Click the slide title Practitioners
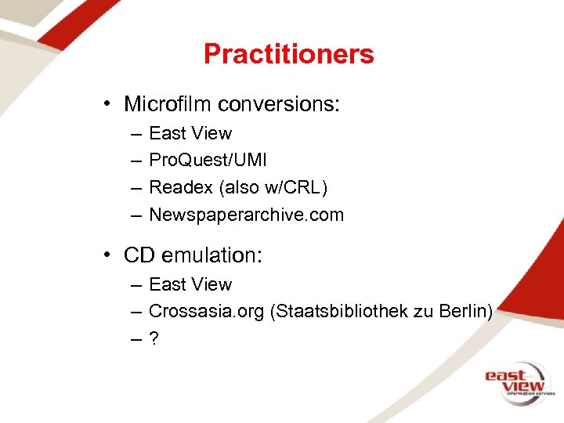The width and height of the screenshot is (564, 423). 288,54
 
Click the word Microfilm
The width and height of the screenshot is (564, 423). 168,104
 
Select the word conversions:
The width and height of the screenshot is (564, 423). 279,104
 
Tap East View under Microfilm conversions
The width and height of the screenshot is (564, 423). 190,133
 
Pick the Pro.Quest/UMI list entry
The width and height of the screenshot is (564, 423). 208,161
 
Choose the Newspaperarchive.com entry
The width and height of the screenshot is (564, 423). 246,215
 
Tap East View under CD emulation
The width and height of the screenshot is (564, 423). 190,284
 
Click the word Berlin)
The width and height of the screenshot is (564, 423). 466,311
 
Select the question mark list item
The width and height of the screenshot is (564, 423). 154,338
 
